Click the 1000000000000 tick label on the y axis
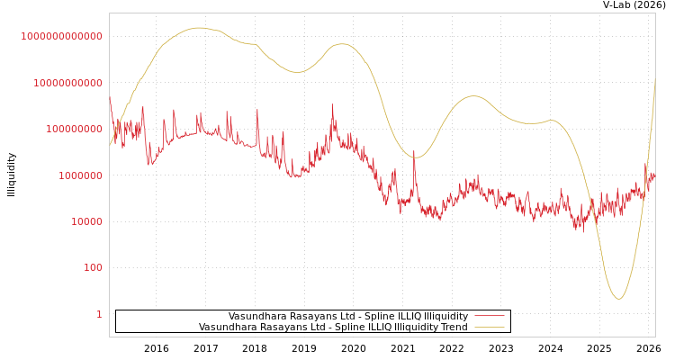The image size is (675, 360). [61, 36]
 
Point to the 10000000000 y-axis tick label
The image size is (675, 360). [67, 83]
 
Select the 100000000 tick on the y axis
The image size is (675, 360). [73, 130]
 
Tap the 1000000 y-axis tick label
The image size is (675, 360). [79, 175]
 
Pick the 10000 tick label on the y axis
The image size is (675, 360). [85, 221]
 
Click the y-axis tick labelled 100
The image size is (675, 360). [93, 268]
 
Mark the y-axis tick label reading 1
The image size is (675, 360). [99, 314]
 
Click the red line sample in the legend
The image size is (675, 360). [489, 316]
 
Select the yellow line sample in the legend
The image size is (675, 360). [489, 327]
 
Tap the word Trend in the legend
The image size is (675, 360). [452, 327]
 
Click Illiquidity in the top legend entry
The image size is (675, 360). [446, 316]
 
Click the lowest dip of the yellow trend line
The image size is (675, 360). [618, 299]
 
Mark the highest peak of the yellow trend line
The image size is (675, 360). [200, 28]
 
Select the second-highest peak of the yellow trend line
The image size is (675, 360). [341, 43]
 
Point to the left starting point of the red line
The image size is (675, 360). [110, 97]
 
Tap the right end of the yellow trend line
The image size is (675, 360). [655, 77]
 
